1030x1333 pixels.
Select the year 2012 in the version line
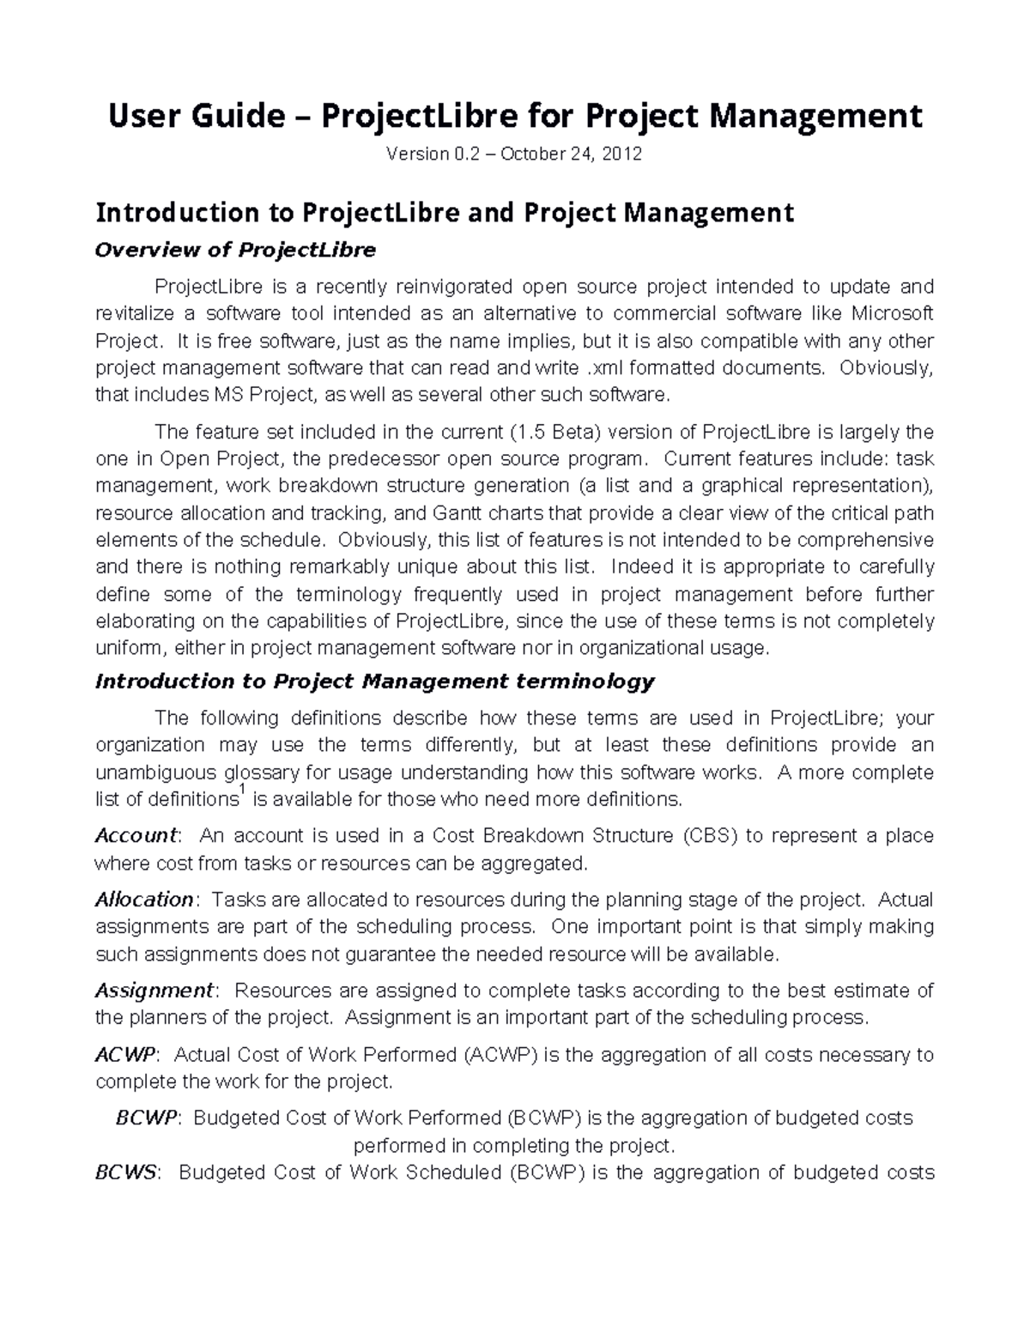coord(622,155)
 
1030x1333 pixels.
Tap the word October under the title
coord(532,155)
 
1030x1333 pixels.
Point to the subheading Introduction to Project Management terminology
coord(374,682)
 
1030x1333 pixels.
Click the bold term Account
coord(135,835)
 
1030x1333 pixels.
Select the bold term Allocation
coord(144,900)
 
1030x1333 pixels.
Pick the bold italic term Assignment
coord(153,991)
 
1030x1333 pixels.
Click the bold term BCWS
coord(126,1172)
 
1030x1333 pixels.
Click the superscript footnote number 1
coord(241,792)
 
